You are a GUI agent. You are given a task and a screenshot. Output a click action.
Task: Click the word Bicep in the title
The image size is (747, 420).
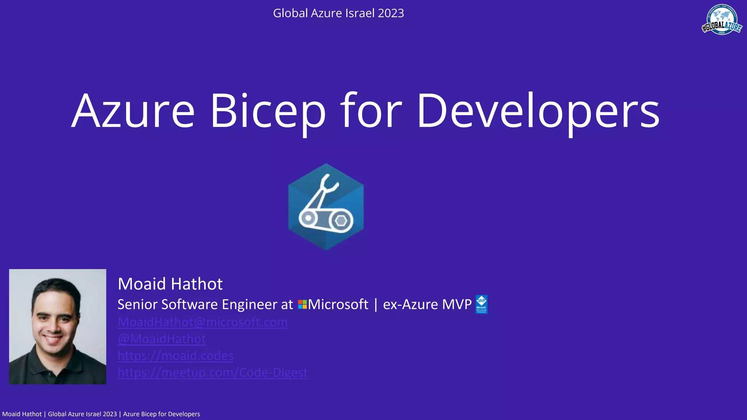268,111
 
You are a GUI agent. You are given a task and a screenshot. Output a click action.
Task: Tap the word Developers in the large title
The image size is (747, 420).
538,111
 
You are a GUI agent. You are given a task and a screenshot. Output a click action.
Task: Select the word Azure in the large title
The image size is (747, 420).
133,111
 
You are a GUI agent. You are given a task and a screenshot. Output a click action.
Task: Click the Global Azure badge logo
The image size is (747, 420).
722,20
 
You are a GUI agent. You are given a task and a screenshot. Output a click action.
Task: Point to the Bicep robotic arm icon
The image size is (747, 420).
326,206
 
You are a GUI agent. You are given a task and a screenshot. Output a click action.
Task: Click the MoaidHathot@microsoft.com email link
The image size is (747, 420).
202,322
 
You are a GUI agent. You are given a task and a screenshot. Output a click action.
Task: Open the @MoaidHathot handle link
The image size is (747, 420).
162,339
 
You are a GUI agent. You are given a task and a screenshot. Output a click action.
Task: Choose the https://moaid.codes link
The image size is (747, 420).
175,355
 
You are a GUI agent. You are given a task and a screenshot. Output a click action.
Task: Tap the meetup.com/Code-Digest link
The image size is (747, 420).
213,372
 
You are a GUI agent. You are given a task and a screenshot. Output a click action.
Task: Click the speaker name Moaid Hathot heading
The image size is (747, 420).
170,284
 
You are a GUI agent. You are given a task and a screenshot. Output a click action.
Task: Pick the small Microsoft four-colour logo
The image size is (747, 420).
302,304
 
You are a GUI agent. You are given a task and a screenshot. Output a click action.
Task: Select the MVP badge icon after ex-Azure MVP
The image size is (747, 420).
481,304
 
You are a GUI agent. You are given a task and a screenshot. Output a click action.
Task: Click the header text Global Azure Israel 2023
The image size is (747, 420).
338,13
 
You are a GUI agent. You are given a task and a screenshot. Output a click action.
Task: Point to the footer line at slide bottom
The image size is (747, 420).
101,414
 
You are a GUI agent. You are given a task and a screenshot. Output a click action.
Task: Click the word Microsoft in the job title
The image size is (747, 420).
338,304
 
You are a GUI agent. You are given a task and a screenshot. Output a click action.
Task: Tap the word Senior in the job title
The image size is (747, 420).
138,304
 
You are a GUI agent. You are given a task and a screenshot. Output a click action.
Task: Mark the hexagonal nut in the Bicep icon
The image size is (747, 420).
341,220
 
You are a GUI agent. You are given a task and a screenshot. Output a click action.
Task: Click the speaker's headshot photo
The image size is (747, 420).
58,327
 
